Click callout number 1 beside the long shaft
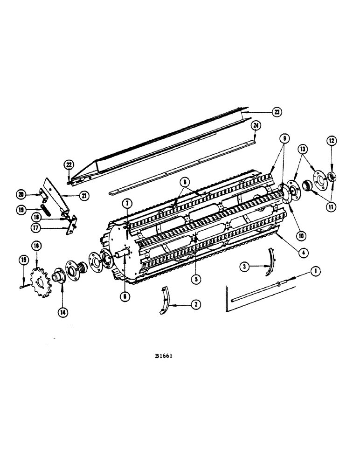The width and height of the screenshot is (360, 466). [x=316, y=270]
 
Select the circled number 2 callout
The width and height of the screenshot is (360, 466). [x=195, y=304]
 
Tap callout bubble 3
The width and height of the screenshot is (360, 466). [x=243, y=267]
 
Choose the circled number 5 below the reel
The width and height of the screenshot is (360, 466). [x=195, y=280]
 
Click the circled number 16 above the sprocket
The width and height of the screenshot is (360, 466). [x=36, y=246]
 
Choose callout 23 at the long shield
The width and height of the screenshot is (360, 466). [x=277, y=112]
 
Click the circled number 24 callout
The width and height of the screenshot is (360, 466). [x=255, y=126]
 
